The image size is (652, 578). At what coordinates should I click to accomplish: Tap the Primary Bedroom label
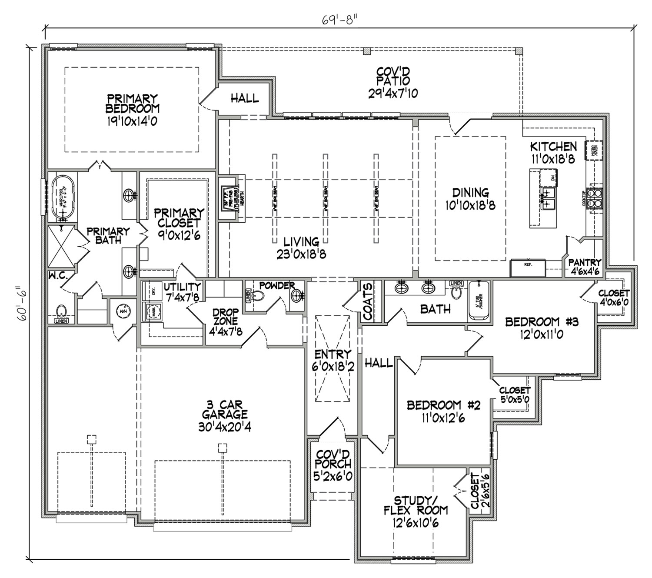click(133, 104)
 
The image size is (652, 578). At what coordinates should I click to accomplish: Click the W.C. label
click(57, 275)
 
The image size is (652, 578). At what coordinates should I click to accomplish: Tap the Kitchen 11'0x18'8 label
click(553, 152)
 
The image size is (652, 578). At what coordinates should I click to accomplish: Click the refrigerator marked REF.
click(528, 268)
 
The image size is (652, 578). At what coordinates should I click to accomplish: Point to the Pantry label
click(585, 263)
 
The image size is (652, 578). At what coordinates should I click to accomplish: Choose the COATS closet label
click(368, 301)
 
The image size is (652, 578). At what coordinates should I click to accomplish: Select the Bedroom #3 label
click(542, 322)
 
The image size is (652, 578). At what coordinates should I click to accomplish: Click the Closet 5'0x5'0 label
click(514, 394)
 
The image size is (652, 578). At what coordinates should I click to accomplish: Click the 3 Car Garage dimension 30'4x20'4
click(224, 427)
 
